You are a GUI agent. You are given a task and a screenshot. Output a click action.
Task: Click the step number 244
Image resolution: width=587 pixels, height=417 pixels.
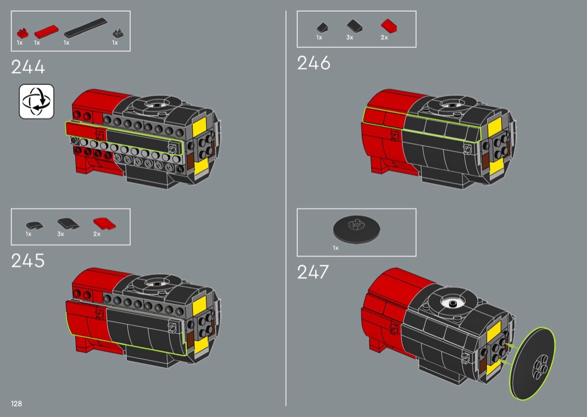(x=28, y=67)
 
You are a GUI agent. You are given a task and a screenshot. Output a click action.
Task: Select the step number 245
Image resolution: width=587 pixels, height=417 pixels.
(x=28, y=260)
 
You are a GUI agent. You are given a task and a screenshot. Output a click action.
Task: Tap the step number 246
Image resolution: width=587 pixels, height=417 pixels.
(x=314, y=63)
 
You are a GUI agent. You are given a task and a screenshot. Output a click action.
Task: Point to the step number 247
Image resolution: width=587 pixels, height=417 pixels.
(x=313, y=272)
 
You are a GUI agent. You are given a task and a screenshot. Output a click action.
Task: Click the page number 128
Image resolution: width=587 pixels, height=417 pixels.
(x=16, y=404)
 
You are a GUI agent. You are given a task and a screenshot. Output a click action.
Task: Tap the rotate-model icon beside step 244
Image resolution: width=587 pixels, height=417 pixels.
(x=37, y=101)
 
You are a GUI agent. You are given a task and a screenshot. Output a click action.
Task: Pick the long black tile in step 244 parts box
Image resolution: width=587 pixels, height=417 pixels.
(x=86, y=28)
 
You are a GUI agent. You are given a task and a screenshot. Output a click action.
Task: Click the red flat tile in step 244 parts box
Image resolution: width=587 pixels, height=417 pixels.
(x=46, y=31)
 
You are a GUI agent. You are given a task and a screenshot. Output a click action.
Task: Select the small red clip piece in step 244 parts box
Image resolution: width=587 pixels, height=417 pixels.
(x=22, y=33)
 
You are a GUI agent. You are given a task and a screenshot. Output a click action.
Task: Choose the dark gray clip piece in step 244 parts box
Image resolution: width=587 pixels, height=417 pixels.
(x=119, y=34)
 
